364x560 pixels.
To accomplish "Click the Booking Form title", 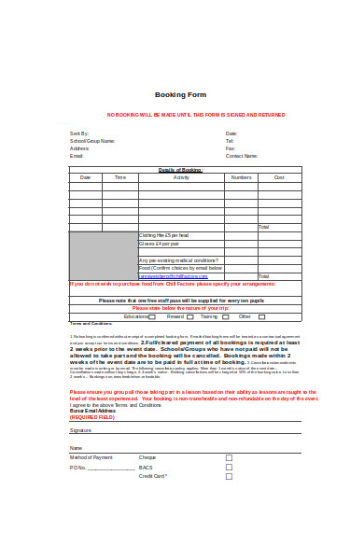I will pos(180,95).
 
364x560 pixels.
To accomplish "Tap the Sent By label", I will pos(79,133).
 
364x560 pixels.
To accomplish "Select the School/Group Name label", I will pos(92,141).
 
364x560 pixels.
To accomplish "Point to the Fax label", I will pos(230,148).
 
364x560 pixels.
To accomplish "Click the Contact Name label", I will pos(241,156).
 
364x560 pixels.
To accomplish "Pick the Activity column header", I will pos(181,177).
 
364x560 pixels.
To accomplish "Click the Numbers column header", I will pos(241,177).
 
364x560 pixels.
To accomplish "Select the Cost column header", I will pos(278,177).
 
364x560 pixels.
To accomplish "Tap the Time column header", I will pos(120,177).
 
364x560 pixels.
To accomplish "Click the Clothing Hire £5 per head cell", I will pos(164,235).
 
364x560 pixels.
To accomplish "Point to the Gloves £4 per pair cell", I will pos(160,244).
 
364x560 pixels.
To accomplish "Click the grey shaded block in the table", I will pos(103,256).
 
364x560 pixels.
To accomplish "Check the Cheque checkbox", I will pos(229,457).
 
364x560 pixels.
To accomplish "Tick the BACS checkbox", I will pos(229,467).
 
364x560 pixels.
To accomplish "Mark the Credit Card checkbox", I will pos(229,476).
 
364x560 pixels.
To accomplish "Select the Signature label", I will pos(81,429).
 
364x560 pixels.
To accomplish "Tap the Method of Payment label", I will pos(91,457).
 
